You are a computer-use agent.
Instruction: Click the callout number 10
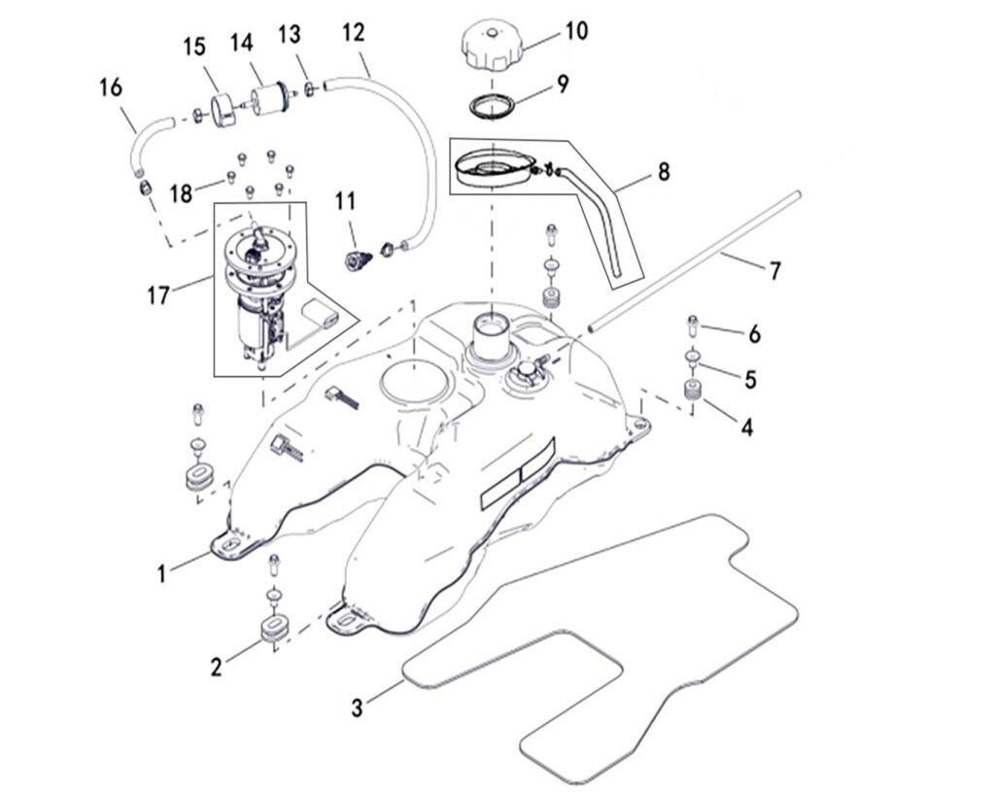click(576, 31)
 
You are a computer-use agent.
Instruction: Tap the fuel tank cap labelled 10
click(495, 47)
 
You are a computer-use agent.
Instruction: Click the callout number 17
click(158, 293)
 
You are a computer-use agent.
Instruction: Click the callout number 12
click(353, 33)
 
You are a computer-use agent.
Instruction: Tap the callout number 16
click(111, 87)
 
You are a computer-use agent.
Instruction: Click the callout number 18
click(182, 192)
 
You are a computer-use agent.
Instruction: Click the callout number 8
click(664, 172)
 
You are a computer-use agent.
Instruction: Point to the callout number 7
click(774, 271)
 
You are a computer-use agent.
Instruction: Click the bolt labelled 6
click(694, 323)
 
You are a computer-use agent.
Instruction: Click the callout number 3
click(358, 708)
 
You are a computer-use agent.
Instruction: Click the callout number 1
click(162, 574)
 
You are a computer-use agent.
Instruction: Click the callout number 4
click(747, 426)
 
